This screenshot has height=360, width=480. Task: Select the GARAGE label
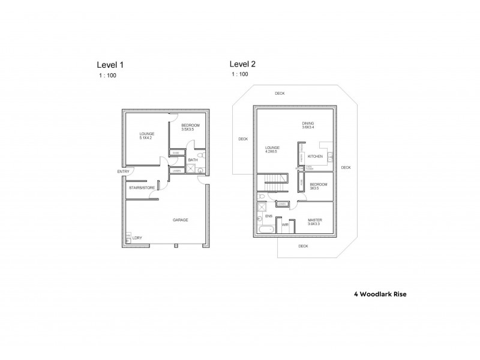coord(180,220)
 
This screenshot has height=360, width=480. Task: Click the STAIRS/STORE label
coord(142,188)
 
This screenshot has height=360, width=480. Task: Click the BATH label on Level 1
coord(193,160)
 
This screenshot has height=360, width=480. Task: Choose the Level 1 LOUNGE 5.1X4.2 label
coord(147,136)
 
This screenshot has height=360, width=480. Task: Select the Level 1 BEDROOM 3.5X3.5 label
coord(190,127)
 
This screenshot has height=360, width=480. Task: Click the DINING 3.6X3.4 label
coord(308,126)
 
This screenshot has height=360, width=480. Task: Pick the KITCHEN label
coord(315,157)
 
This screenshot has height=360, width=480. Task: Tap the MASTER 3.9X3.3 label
coord(315,222)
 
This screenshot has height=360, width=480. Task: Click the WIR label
coord(285,225)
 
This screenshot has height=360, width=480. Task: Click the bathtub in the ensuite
coord(265,230)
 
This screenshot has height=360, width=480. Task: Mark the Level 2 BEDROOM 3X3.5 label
coord(318,186)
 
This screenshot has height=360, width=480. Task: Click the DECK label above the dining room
coord(280,94)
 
